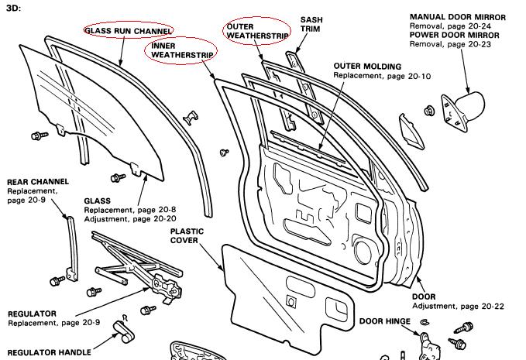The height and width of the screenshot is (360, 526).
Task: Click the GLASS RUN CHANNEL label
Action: click(128, 29)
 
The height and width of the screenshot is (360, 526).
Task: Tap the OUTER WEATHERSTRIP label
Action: click(257, 31)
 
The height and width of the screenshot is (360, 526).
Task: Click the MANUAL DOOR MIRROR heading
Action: click(457, 17)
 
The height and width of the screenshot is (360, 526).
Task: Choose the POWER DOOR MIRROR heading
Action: click(454, 34)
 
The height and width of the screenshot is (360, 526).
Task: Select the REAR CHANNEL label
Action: click(38, 182)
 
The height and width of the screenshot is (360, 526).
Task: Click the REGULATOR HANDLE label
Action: click(50, 352)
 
